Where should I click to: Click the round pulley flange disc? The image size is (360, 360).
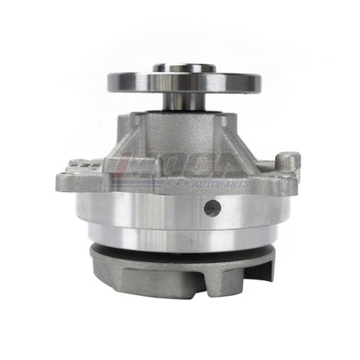(x=184, y=82)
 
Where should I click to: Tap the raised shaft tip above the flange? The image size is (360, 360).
(x=184, y=66)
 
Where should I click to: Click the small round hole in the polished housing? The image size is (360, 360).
(x=212, y=208)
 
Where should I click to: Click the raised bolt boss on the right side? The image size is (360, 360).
(x=288, y=164)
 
